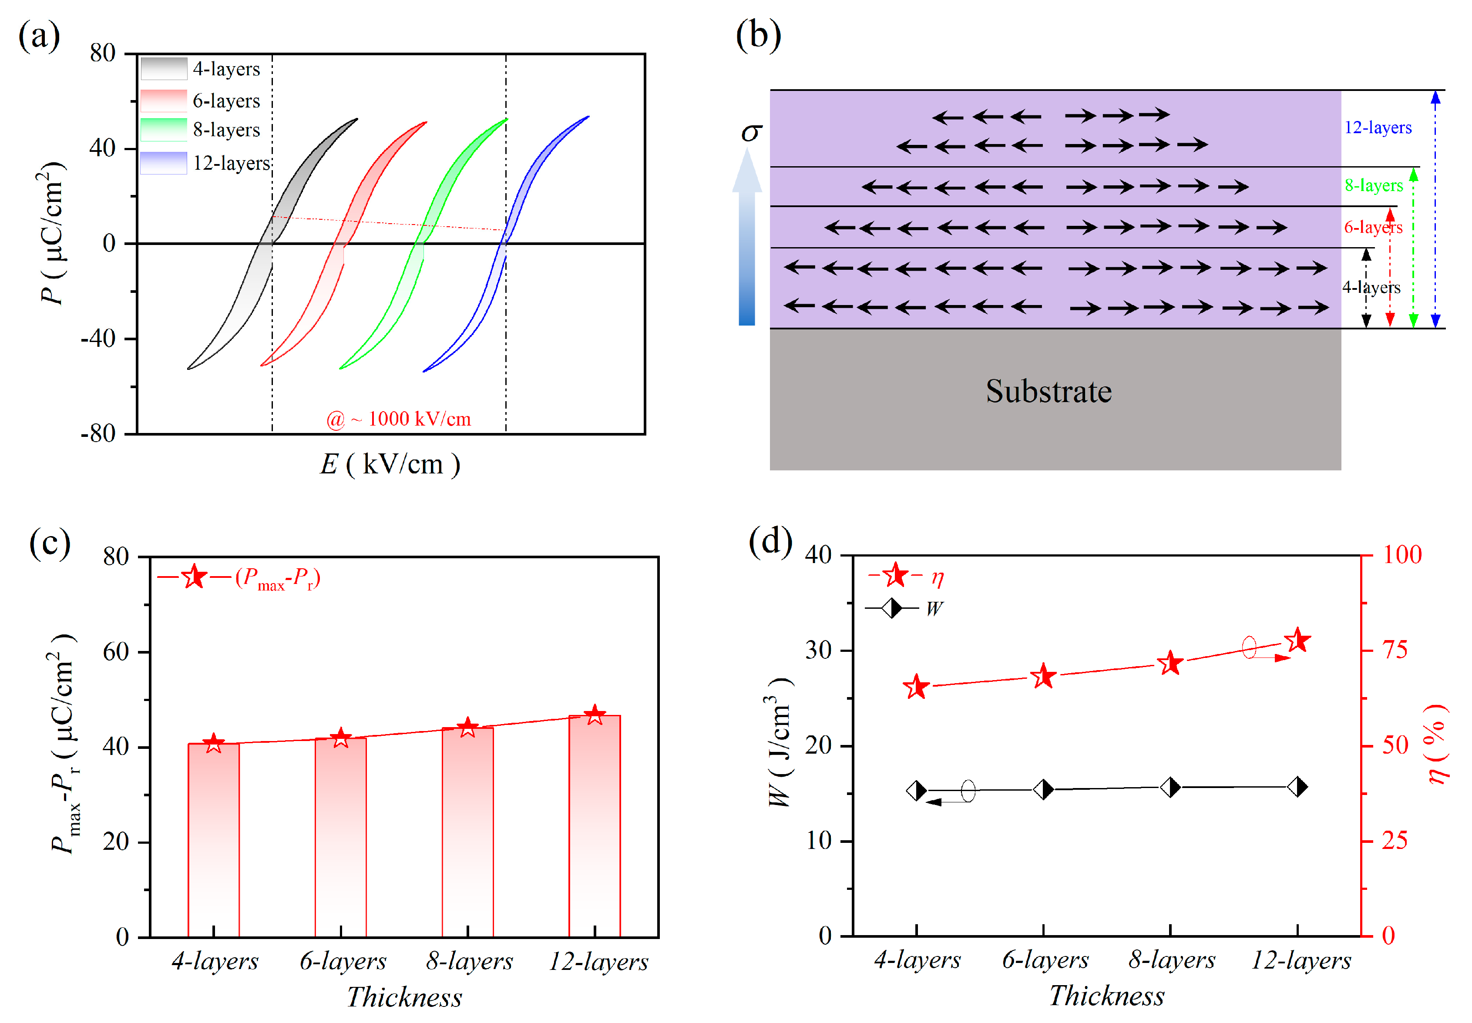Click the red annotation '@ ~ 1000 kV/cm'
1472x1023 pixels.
[398, 419]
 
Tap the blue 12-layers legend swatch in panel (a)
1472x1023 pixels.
[164, 163]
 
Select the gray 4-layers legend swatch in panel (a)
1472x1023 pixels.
[164, 68]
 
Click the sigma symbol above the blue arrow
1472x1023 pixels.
[751, 133]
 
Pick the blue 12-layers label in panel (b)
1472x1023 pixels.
[1377, 127]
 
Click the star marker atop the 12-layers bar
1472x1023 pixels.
[595, 715]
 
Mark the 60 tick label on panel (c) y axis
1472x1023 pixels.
[116, 652]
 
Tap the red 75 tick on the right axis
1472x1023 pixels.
[1395, 650]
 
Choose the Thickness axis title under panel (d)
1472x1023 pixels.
[1106, 996]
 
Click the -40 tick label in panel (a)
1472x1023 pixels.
[98, 339]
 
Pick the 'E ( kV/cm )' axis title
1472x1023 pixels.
[390, 464]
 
